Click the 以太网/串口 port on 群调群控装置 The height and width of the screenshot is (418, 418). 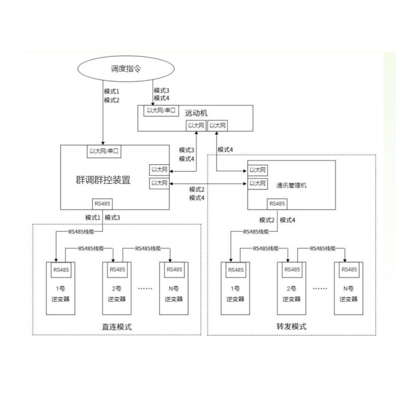tap(105, 151)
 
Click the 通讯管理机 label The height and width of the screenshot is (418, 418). tap(291, 185)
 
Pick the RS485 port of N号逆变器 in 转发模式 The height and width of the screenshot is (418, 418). tap(349, 270)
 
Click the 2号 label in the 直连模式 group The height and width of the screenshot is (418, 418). tap(117, 289)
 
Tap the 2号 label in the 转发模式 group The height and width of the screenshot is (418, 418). tap(291, 289)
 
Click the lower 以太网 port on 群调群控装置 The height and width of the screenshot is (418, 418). tap(159, 183)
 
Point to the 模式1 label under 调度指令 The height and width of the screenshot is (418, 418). tap(112, 91)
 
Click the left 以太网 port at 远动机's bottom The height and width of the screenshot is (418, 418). tap(196, 126)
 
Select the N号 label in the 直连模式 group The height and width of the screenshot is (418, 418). tap(174, 289)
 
